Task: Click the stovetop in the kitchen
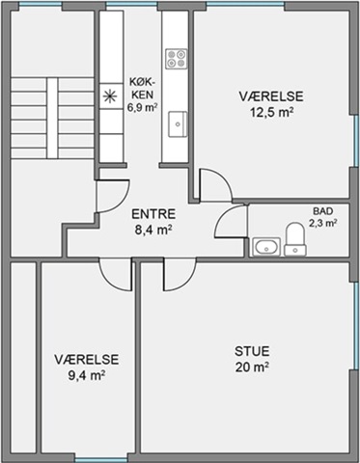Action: click(x=176, y=59)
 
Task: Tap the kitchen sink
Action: click(x=178, y=124)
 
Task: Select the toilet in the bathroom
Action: click(x=295, y=239)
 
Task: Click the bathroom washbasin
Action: click(x=266, y=247)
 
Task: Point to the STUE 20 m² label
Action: click(x=252, y=359)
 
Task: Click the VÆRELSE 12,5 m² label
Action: click(x=271, y=104)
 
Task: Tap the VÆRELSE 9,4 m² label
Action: click(x=87, y=368)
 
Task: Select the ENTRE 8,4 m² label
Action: click(x=153, y=222)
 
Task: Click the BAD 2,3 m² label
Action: click(x=323, y=217)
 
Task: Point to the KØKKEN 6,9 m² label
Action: click(x=142, y=95)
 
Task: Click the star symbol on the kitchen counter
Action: click(x=110, y=96)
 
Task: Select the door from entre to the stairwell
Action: click(x=113, y=197)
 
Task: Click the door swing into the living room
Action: click(x=180, y=275)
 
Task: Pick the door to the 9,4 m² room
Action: click(x=116, y=275)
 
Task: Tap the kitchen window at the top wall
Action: click(x=131, y=4)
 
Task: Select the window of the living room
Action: click(x=356, y=326)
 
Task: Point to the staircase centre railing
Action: click(x=52, y=118)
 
